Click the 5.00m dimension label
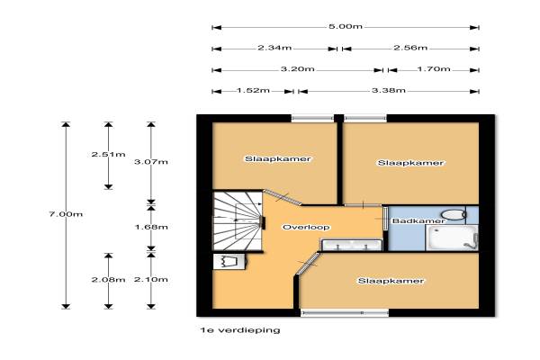tap(346, 26)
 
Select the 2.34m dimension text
tap(274, 48)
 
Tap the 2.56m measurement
tap(410, 48)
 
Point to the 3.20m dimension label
tap(298, 69)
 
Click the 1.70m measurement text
tap(434, 69)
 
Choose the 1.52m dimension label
tap(253, 90)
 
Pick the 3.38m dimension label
tap(389, 90)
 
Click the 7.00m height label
tap(66, 214)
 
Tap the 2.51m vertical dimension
tap(108, 154)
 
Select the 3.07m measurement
tap(151, 162)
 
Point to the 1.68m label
tap(151, 227)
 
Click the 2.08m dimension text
tap(108, 279)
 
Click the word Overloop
tap(306, 227)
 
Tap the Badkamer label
tap(418, 220)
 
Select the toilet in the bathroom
tap(454, 214)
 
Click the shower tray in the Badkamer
tap(452, 238)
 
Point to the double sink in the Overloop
tap(352, 245)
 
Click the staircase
tap(238, 221)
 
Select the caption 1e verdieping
tap(240, 330)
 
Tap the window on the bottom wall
tap(345, 313)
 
